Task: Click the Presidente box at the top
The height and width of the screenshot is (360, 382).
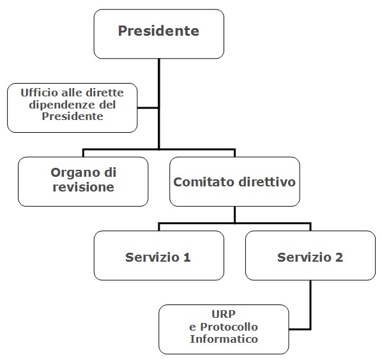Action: pos(159,34)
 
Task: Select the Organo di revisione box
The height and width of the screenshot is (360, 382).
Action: pos(83,181)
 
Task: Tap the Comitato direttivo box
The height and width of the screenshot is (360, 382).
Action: pos(234,181)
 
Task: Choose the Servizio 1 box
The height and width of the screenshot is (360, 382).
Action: pos(159,255)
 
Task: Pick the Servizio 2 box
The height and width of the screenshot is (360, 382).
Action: pos(310,255)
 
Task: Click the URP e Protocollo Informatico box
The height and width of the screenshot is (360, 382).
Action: pos(224,329)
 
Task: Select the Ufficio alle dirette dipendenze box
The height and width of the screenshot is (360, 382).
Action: pos(72,108)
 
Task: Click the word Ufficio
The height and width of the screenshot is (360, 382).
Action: pos(39,93)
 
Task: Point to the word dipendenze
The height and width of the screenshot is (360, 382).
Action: pos(61,105)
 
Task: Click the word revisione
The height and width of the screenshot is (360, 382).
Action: pos(83,187)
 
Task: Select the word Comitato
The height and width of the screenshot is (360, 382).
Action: pos(204,182)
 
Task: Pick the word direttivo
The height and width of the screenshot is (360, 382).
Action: pos(267,181)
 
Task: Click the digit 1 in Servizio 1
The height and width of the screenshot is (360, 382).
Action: pos(187,257)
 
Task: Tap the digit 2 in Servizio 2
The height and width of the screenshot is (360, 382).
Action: pos(339,257)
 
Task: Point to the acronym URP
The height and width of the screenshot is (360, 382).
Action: pos(224,314)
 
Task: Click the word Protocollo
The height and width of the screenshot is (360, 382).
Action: pos(229,327)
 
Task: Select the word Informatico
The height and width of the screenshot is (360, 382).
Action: pos(224,339)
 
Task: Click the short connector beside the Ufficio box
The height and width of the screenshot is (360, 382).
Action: pos(148,108)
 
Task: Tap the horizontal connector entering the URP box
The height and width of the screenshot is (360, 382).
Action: pos(300,329)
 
